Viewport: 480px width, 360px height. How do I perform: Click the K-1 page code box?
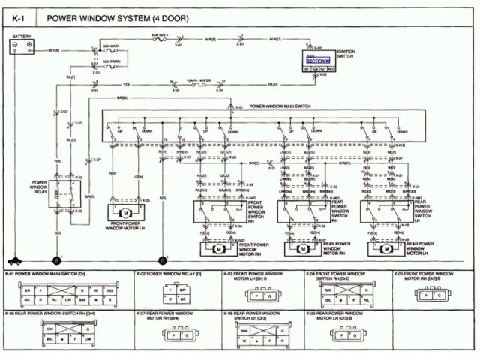click(x=16, y=16)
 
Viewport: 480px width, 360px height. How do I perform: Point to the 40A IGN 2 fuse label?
click(x=159, y=34)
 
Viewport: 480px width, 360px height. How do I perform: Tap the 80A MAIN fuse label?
click(x=112, y=46)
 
